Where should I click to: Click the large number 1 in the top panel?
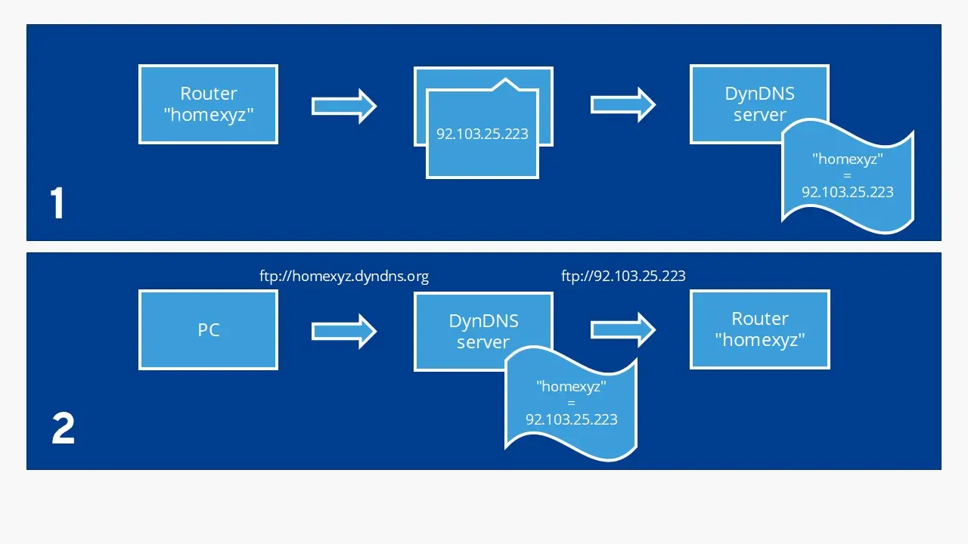click(x=57, y=204)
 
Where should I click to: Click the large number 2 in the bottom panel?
click(x=63, y=429)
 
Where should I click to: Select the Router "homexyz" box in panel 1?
click(x=208, y=104)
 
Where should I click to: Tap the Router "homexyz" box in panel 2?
click(x=759, y=329)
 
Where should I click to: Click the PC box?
click(x=208, y=330)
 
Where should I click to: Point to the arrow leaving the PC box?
click(x=344, y=331)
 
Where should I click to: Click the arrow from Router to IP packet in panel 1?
click(x=344, y=106)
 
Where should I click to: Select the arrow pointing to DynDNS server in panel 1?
click(x=622, y=104)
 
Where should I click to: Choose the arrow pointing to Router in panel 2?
click(x=622, y=329)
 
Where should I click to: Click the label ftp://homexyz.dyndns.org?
click(x=344, y=276)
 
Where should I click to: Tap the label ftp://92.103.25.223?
click(x=623, y=276)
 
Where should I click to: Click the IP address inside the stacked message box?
click(x=482, y=134)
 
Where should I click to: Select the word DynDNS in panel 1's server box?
click(x=759, y=94)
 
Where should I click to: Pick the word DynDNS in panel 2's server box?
click(x=483, y=320)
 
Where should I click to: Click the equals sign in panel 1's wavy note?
click(x=847, y=175)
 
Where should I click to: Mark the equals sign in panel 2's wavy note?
click(x=571, y=403)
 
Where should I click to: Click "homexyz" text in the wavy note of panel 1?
click(x=847, y=159)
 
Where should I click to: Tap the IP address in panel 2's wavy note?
click(x=571, y=419)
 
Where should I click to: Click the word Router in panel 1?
click(x=208, y=94)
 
